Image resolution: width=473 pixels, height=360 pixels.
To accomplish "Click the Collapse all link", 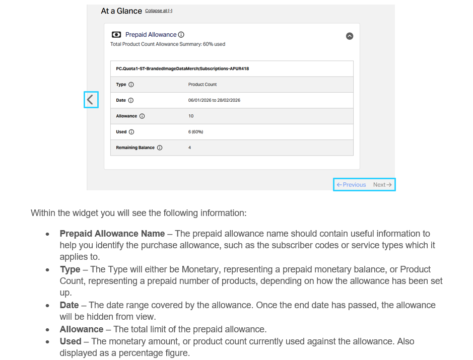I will pos(159,11).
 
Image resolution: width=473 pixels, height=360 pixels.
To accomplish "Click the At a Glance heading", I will pos(121,11).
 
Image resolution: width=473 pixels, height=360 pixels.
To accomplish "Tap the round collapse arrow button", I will pos(350,36).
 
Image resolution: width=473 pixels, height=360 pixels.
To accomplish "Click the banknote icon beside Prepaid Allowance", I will pos(116,35).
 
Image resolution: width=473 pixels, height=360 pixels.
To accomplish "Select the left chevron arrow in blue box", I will pos(91,100).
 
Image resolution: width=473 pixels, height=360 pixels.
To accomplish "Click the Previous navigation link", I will pos(352,185).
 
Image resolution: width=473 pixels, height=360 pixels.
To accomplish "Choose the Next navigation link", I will pos(382,185).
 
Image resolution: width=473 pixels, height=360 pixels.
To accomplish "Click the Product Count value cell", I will pos(202,85).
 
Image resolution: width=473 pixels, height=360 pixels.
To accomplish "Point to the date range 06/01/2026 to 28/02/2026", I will pos(214,100).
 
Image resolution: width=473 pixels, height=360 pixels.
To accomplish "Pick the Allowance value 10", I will pos(191,116).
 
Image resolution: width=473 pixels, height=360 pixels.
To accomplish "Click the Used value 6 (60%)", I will pos(195,132).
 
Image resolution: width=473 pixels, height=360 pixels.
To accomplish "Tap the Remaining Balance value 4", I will pos(189,148).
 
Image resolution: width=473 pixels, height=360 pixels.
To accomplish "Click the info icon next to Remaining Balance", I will pos(160,148).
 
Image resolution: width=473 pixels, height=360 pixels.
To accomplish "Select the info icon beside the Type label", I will pos(131,85).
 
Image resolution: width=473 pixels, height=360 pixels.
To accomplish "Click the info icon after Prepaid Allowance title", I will pos(181,35).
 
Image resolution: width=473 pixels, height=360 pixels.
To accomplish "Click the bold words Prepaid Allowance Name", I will pos(112,234).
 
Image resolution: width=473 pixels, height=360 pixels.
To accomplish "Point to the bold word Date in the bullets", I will pos(69,305).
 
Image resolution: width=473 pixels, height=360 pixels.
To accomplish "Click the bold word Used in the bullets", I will pos(71,341).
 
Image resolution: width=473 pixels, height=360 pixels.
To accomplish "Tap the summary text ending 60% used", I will pos(168,44).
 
